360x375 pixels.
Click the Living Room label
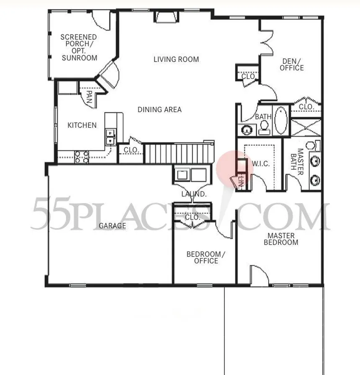pos(176,59)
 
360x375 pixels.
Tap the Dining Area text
pos(159,109)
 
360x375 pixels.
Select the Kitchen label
pos(82,125)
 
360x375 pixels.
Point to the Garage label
pos(112,225)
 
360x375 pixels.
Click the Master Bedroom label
pos(281,239)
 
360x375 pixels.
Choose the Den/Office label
pos(292,65)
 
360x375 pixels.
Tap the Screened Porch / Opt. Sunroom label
pos(79,47)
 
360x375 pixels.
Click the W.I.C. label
pos(261,164)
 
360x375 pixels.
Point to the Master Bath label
pos(297,162)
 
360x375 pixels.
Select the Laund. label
pos(194,194)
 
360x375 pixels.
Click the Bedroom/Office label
pos(206,257)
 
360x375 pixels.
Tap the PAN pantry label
pos(89,97)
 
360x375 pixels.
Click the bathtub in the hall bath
pos(281,121)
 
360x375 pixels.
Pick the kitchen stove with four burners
pos(82,157)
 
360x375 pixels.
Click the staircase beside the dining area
pos(179,153)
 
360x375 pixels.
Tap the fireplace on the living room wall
pos(167,17)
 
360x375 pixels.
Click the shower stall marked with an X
pos(306,127)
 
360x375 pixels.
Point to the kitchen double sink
pos(111,137)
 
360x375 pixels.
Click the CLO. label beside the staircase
pos(131,150)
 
